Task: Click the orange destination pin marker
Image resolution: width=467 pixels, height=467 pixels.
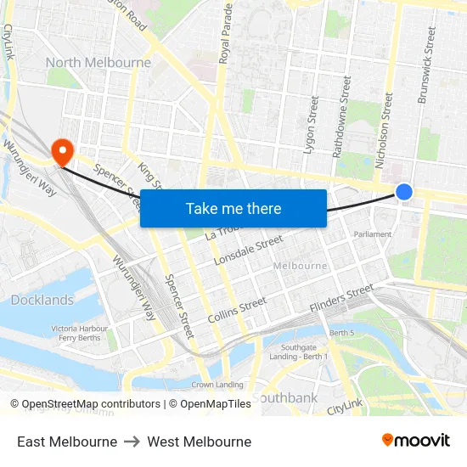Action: (x=63, y=151)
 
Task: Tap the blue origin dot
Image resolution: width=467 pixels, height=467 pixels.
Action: (x=404, y=193)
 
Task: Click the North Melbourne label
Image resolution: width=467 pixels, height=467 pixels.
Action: (x=98, y=63)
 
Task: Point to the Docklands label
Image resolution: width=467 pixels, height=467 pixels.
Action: (x=42, y=300)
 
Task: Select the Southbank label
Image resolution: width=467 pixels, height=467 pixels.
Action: (x=284, y=397)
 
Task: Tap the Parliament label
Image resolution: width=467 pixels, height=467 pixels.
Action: (x=374, y=234)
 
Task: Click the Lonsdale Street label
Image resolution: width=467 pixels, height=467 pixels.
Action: (x=248, y=250)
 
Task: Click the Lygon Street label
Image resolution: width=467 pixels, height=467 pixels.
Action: (x=312, y=124)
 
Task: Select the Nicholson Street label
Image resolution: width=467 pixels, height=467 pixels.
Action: (x=388, y=119)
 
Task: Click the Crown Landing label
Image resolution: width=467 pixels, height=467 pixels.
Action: (x=217, y=385)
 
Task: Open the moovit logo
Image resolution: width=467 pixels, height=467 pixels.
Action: (x=415, y=441)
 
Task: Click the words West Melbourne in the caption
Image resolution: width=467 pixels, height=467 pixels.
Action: (x=199, y=442)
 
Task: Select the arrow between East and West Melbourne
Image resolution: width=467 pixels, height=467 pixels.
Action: (x=132, y=442)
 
